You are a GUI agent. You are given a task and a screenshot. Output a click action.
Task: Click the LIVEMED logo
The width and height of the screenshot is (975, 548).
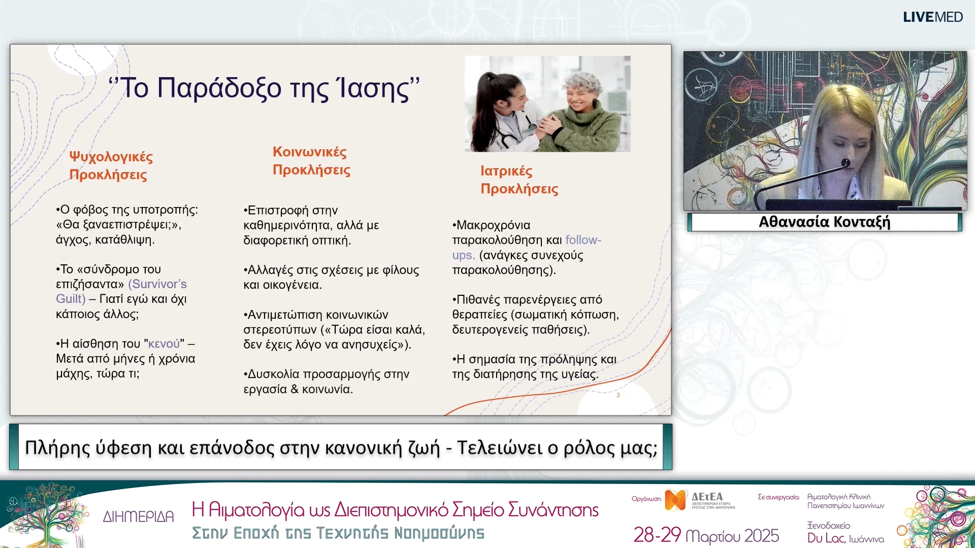(x=932, y=17)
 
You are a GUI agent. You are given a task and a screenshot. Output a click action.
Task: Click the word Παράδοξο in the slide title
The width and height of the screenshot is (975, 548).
(x=219, y=88)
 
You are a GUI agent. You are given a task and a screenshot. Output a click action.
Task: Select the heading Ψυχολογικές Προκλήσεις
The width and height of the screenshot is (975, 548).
(x=111, y=165)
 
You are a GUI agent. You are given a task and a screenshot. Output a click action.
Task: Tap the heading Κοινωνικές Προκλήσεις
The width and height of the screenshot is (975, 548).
(x=311, y=161)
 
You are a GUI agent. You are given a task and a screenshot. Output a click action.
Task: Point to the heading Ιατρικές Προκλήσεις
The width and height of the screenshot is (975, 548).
(x=518, y=180)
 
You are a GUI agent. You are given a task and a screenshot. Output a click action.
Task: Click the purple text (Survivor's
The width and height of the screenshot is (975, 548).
(x=157, y=284)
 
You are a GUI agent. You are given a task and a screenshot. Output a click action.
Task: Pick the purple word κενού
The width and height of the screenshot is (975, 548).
(x=164, y=344)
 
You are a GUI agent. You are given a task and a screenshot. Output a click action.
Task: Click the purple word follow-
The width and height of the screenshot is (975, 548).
(x=583, y=240)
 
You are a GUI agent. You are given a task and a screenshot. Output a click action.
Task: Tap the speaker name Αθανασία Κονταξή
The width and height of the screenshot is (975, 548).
(x=824, y=222)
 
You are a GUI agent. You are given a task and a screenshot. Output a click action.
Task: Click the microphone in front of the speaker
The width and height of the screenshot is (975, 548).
(x=846, y=163)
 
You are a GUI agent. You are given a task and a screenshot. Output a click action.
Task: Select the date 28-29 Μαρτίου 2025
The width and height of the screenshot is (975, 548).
(x=706, y=535)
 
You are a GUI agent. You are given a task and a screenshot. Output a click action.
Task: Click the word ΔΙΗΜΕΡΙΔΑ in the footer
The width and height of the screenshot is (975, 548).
(x=138, y=517)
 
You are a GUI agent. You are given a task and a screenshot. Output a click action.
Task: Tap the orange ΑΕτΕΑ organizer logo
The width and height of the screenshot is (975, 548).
(x=675, y=500)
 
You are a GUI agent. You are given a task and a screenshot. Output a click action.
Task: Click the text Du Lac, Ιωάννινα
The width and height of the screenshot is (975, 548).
(x=845, y=538)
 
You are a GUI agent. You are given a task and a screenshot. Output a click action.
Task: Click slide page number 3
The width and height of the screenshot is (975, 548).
(x=618, y=395)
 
